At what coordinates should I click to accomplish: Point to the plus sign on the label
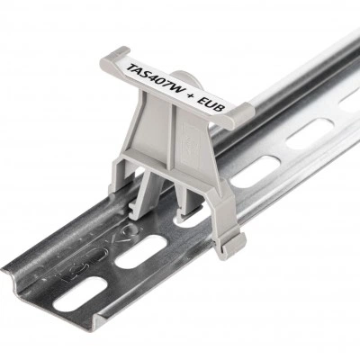coord(193,94)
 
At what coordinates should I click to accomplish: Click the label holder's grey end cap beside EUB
coord(240,115)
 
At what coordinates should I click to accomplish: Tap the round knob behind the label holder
coord(183,78)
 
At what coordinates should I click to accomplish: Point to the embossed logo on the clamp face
coord(191,141)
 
